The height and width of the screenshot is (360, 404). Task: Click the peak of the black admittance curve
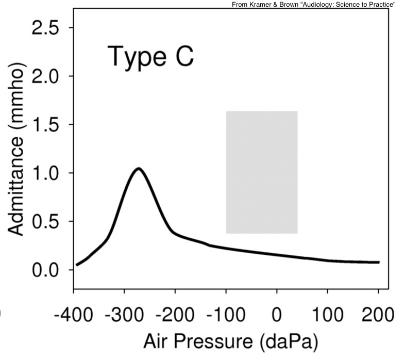(x=138, y=169)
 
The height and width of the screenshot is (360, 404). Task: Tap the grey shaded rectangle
(x=262, y=172)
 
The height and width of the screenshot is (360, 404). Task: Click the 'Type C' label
(x=150, y=56)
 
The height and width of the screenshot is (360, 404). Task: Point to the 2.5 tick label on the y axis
(x=45, y=28)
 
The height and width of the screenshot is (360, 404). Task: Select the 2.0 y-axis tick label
(x=45, y=76)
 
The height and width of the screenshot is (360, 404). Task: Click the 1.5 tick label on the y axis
(x=45, y=125)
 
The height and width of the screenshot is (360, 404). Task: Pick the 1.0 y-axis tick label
(x=45, y=173)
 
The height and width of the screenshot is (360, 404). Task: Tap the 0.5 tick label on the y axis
(x=45, y=222)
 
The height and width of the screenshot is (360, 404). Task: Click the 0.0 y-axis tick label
(x=45, y=270)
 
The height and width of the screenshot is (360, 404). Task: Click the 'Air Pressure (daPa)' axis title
(x=230, y=341)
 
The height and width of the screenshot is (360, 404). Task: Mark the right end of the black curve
(x=379, y=263)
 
